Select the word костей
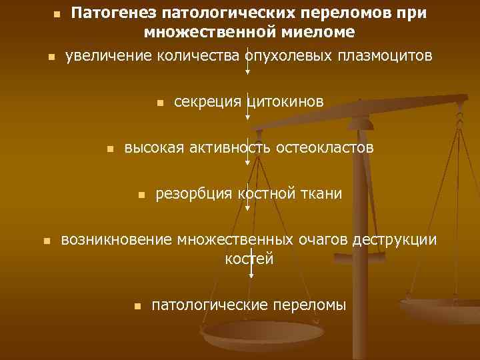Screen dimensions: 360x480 point(249,258)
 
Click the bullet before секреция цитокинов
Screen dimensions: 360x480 point(159,103)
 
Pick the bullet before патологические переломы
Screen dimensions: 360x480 point(137,307)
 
